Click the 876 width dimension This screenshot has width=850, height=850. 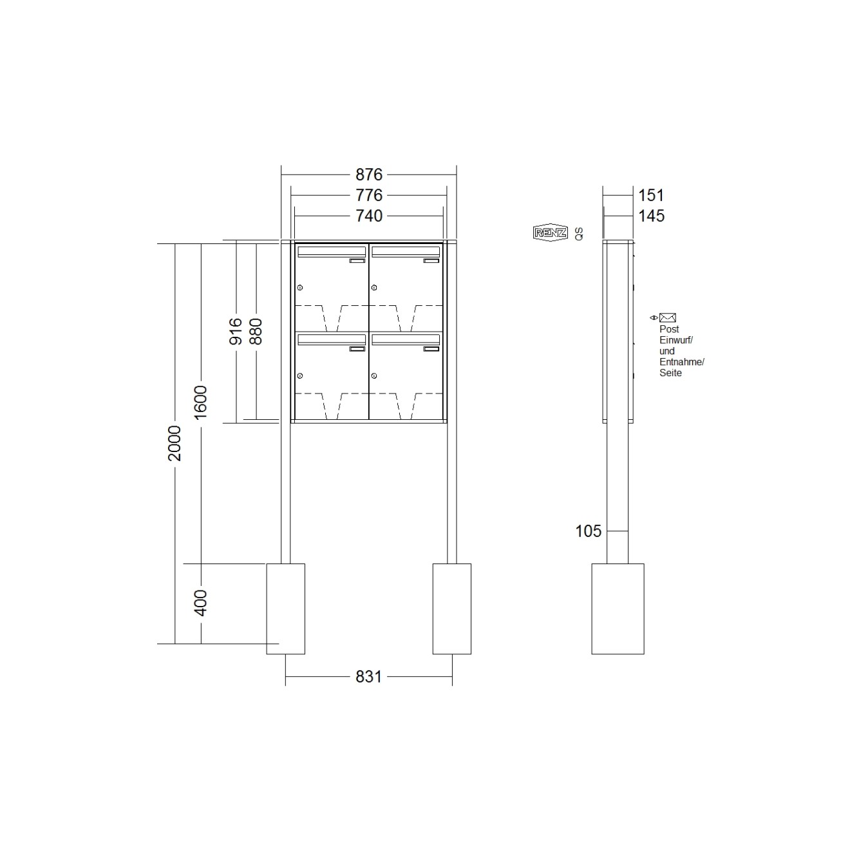[x=369, y=175]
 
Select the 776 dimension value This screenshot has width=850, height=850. [x=369, y=195]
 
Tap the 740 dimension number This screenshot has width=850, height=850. [x=369, y=216]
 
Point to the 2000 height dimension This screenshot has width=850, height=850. [x=175, y=443]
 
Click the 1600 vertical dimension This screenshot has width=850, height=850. [x=201, y=402]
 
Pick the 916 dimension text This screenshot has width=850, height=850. [x=236, y=331]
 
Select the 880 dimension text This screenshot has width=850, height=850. [x=256, y=331]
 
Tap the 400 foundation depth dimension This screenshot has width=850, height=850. [x=201, y=603]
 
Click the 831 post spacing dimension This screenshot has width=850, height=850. [x=368, y=677]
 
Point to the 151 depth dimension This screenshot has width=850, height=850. [x=651, y=195]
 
